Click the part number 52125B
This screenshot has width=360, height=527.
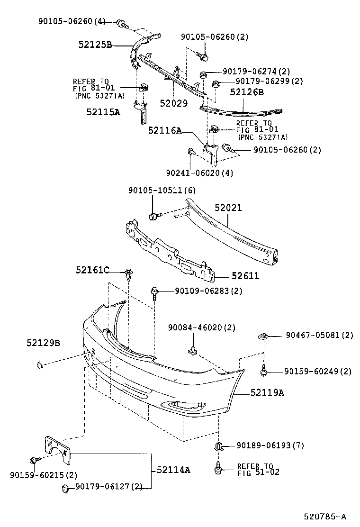(95, 45)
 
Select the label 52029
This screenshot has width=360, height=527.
(173, 103)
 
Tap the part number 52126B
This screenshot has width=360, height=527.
(247, 92)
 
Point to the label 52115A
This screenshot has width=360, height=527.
(103, 112)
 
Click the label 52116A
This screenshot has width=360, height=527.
(165, 130)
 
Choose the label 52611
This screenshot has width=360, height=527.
(245, 276)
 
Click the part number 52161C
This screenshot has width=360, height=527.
(92, 270)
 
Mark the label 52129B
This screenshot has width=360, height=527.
(43, 343)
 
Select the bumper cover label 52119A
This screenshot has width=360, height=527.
(268, 392)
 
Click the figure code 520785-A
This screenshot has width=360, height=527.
(325, 517)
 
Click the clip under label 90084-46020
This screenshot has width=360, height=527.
(193, 350)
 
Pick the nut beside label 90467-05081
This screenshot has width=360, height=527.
(263, 336)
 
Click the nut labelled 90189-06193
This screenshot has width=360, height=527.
(219, 446)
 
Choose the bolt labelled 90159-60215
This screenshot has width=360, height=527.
(34, 460)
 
